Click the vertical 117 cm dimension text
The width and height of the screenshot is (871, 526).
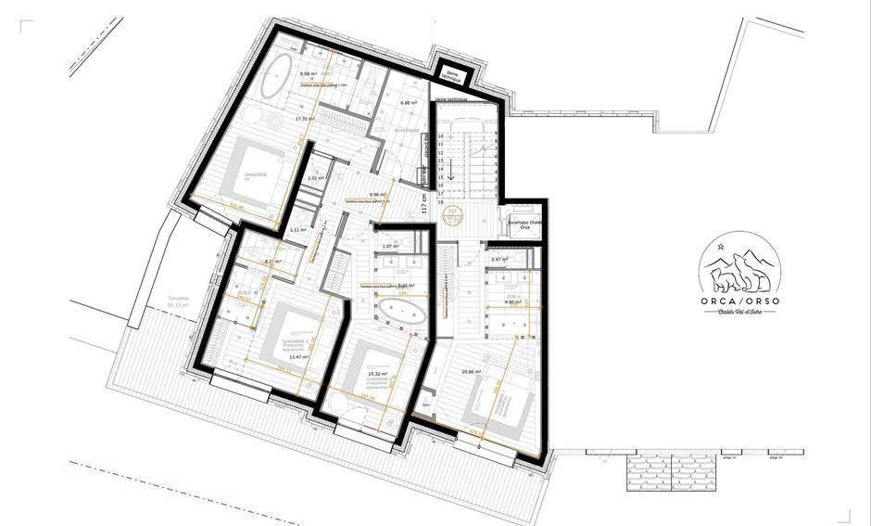click(x=424, y=202)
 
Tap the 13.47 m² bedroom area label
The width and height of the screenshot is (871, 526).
click(x=298, y=356)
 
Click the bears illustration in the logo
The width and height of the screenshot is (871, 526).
click(x=738, y=272)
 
